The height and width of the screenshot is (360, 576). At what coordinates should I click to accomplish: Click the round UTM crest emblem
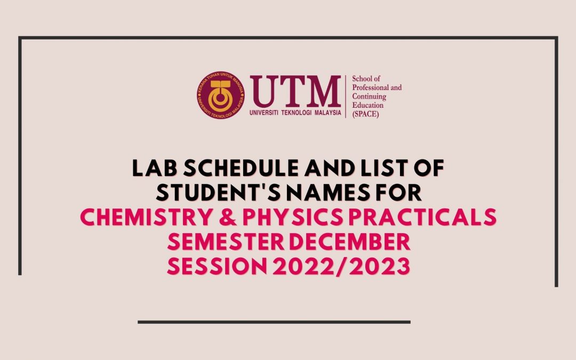pyautogui.click(x=220, y=95)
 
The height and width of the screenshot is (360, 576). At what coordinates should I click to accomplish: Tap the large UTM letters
pyautogui.click(x=295, y=91)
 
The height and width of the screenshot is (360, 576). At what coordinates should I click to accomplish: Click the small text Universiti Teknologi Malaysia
pyautogui.click(x=295, y=113)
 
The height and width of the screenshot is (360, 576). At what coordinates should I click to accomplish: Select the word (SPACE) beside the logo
pyautogui.click(x=365, y=114)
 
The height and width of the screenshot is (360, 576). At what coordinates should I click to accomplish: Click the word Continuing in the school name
pyautogui.click(x=369, y=97)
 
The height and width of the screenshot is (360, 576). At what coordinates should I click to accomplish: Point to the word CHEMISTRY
pyautogui.click(x=146, y=217)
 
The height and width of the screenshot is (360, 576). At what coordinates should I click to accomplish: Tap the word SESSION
pyautogui.click(x=217, y=266)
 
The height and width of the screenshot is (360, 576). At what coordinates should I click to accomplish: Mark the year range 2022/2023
pyautogui.click(x=341, y=266)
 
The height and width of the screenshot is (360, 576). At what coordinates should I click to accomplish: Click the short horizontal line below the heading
pyautogui.click(x=274, y=322)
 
